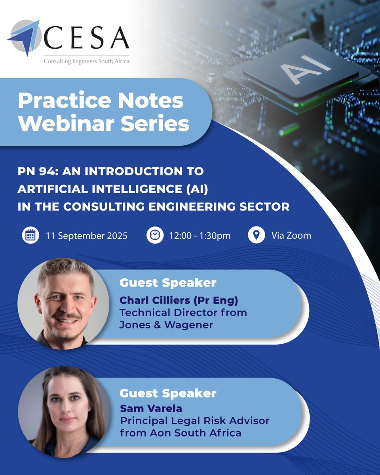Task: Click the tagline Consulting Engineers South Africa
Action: click(x=86, y=61)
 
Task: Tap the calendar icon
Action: click(x=30, y=236)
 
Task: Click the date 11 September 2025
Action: click(x=87, y=236)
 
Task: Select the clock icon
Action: click(x=154, y=236)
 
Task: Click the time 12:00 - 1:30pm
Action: click(x=199, y=236)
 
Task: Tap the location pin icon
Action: click(x=256, y=236)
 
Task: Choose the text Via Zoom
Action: click(x=291, y=236)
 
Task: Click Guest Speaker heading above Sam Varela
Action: click(x=168, y=393)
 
